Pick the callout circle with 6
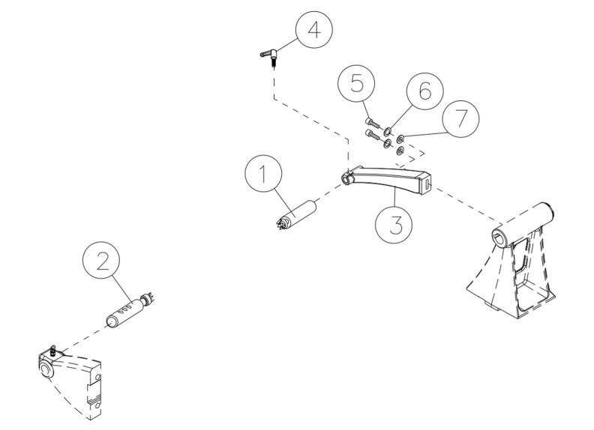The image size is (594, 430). pos(424,91)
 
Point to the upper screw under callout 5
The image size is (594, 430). pos(373,121)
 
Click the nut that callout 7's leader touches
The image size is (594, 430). pos(401,138)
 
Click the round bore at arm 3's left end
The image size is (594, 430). pos(346,178)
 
